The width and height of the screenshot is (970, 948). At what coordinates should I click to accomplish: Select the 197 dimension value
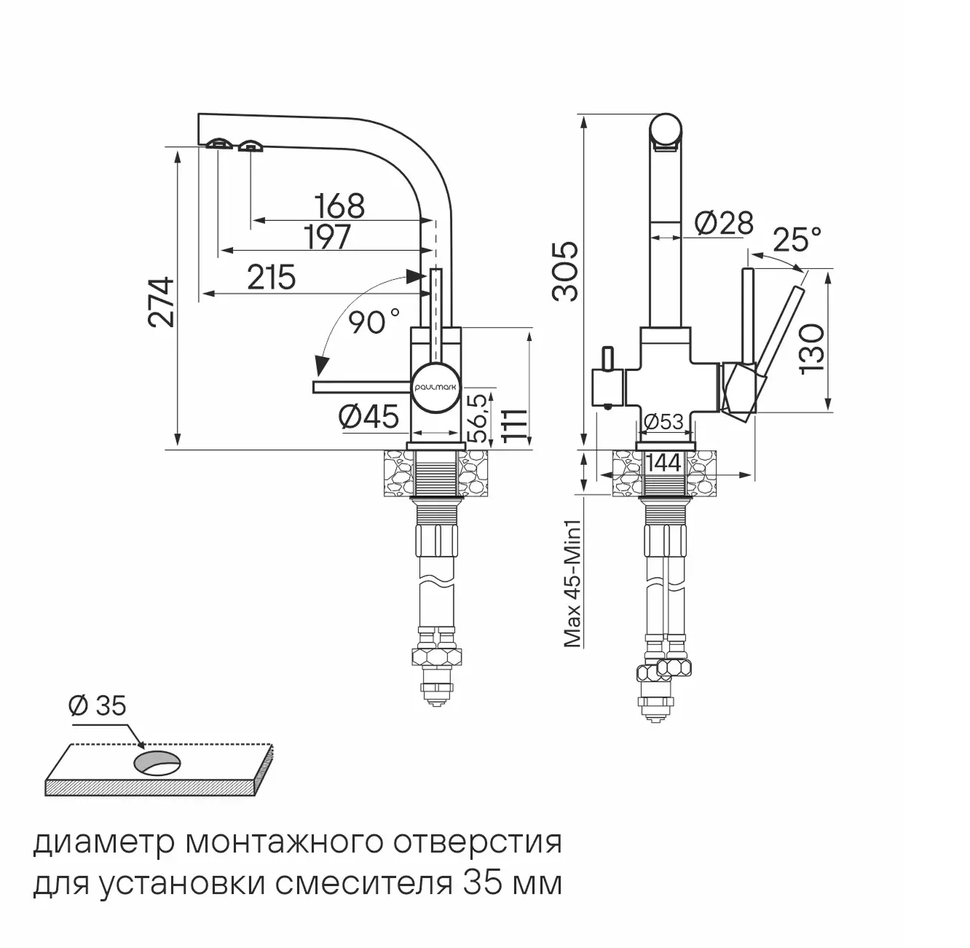tap(327, 237)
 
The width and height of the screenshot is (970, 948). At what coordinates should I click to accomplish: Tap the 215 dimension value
tap(272, 278)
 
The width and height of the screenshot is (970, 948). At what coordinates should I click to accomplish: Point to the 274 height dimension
tap(160, 302)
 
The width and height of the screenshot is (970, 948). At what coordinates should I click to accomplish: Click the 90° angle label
tap(374, 322)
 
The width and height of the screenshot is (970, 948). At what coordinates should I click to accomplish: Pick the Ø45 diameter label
tap(370, 418)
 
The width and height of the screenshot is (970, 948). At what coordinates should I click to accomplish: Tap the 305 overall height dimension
tap(566, 271)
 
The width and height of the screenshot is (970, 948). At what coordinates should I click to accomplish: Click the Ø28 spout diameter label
tap(724, 223)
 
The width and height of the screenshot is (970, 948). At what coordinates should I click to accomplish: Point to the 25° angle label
tap(797, 238)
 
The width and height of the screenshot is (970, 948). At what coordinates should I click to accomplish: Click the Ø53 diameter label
tap(663, 422)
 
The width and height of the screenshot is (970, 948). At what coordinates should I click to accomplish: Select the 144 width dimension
tap(663, 463)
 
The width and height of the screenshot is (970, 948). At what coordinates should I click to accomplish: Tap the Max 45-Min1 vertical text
tap(572, 583)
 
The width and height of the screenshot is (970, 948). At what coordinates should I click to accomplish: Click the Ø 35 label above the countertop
tap(97, 705)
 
